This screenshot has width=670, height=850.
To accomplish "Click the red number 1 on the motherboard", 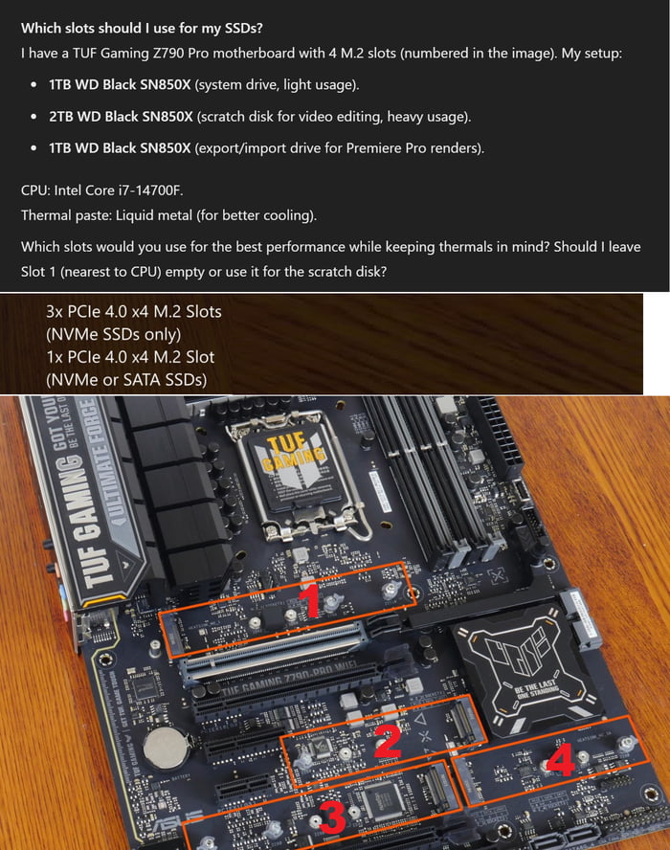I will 309,601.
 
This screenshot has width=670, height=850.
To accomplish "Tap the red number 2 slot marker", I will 387,742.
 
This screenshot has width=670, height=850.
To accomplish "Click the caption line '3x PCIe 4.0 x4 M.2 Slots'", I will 133,311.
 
